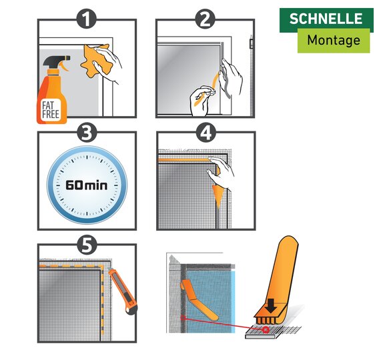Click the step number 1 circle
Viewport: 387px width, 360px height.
coord(86,19)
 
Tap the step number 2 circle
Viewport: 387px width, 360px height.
coord(205,19)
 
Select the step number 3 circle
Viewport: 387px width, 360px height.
coord(86,132)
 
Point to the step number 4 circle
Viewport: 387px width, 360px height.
coord(206,132)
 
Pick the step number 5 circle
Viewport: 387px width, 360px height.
coord(86,245)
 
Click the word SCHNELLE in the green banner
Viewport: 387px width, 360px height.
coord(326,19)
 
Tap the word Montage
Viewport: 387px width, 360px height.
coord(334,40)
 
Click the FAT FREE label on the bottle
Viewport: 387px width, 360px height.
coord(50,110)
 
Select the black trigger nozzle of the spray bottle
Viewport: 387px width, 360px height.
coord(57,61)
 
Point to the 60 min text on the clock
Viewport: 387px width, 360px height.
coord(86,185)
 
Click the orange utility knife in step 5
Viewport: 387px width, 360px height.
coord(123,291)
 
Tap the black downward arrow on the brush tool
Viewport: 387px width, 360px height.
coord(272,306)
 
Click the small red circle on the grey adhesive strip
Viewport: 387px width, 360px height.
coord(266,330)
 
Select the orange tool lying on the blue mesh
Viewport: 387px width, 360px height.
coord(199,300)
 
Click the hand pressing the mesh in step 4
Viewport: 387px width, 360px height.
coord(220,173)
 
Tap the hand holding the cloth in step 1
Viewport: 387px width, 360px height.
coord(108,63)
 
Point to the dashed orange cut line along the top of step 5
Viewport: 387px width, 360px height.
coord(71,266)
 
